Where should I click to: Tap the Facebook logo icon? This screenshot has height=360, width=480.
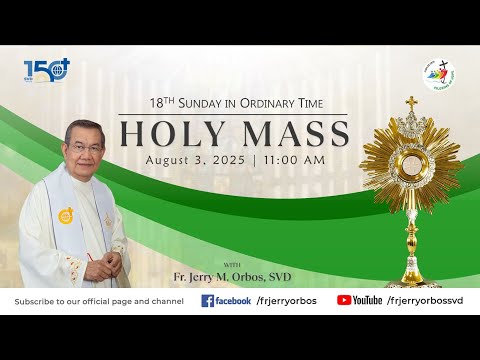208,300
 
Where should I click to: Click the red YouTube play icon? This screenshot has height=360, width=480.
343,300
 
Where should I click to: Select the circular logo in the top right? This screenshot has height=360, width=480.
438,75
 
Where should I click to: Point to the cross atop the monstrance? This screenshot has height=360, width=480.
411,104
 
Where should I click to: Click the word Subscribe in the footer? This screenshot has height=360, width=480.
34,300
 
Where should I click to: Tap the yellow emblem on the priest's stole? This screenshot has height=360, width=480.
66,215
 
